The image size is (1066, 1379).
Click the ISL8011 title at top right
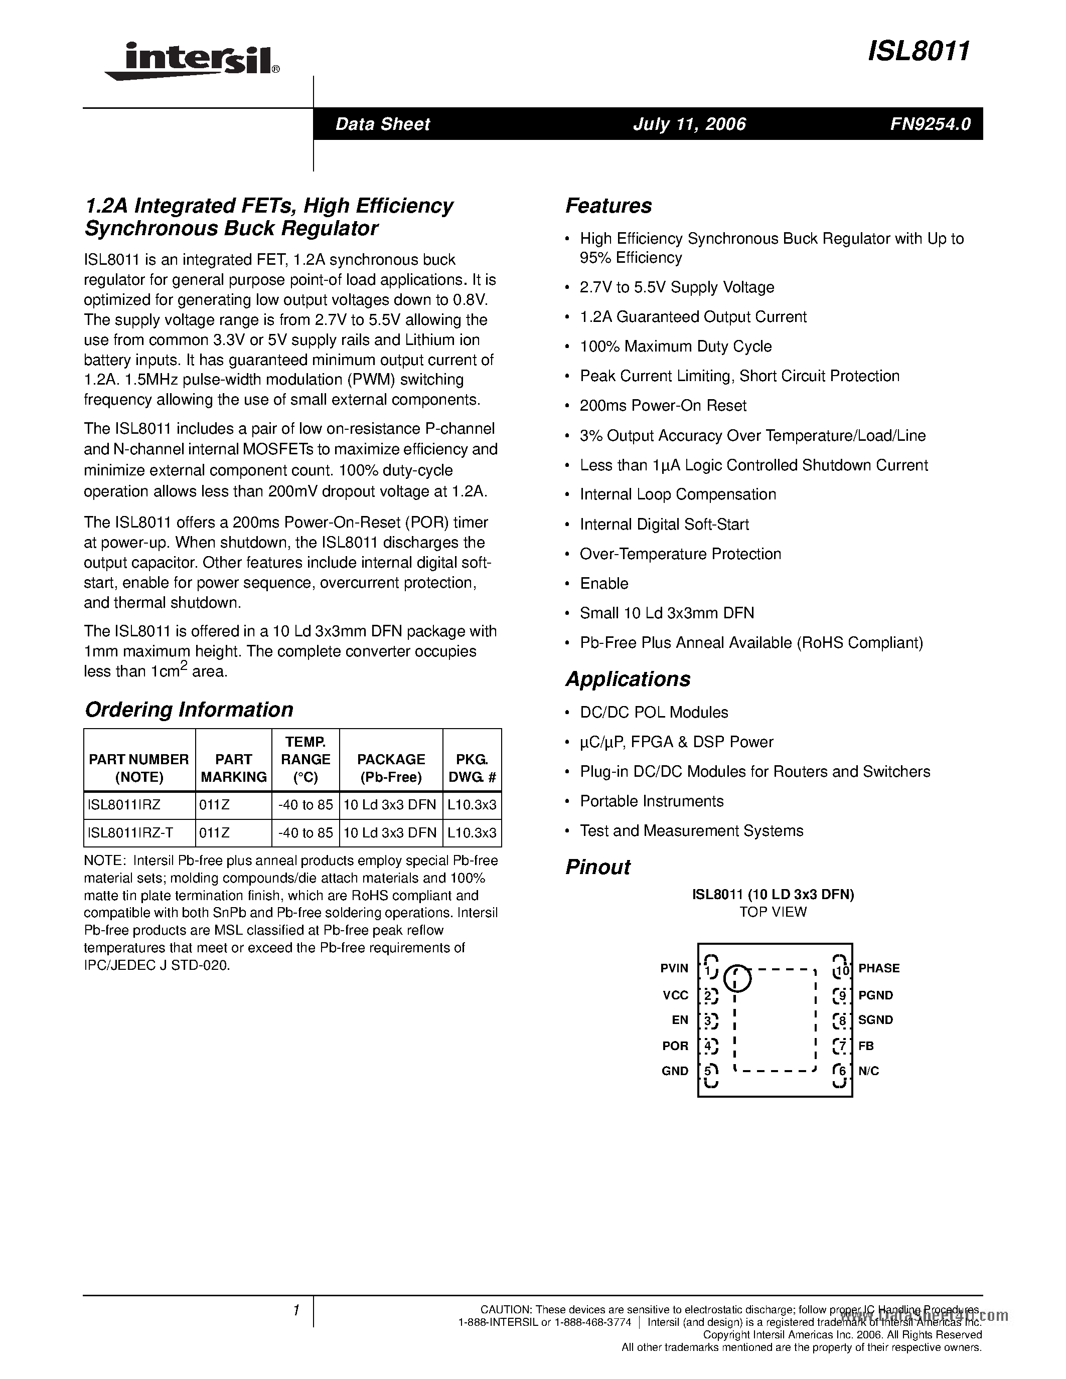coord(919,51)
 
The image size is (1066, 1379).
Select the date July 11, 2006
coord(690,124)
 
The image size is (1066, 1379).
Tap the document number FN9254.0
coord(930,124)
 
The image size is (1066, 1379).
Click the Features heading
coord(608,206)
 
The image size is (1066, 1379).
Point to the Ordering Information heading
coord(189,710)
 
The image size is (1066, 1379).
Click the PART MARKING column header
coord(234,768)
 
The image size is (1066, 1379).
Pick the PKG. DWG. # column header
coord(472,768)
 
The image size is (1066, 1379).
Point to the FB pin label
coord(866,1046)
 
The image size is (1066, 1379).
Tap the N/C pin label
coord(868,1072)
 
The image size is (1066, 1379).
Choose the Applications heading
coord(628,679)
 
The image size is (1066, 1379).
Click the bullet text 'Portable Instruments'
coord(652,801)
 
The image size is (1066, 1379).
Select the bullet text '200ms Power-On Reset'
coord(663,406)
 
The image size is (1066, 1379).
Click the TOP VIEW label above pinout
coord(773,912)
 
